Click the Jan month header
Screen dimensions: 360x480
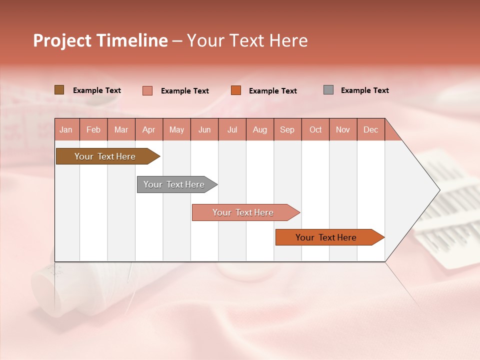[x=66, y=129]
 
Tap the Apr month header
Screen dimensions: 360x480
[x=148, y=129]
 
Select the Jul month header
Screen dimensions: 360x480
[x=232, y=129]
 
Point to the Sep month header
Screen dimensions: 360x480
[x=287, y=129]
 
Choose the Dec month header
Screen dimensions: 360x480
[x=370, y=129]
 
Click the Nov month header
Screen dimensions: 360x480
[x=342, y=129]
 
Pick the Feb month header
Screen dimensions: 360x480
[x=93, y=129]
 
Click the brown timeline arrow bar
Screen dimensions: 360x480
[x=105, y=156]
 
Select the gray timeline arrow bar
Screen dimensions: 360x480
[x=174, y=184]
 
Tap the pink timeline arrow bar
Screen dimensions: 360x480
[x=243, y=212]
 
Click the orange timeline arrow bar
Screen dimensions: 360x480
[x=326, y=237]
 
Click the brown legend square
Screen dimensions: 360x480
[x=59, y=90]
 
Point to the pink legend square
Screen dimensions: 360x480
[x=147, y=90]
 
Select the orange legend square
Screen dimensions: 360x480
[x=236, y=90]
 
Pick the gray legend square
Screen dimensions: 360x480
[x=328, y=90]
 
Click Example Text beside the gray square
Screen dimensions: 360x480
[x=364, y=90]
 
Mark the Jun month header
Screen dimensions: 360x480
[x=204, y=129]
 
